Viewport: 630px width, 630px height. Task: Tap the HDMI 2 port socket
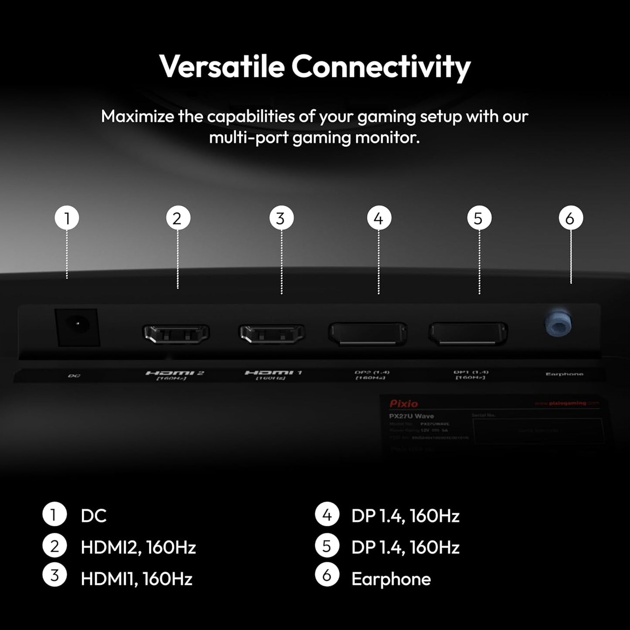pyautogui.click(x=176, y=334)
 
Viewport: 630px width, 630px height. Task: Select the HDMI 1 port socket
pyautogui.click(x=271, y=334)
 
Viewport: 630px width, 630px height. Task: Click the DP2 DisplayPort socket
pyautogui.click(x=368, y=334)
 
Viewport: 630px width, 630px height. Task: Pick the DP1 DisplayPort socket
pyautogui.click(x=468, y=334)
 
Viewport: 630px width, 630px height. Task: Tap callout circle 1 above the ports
pyautogui.click(x=67, y=218)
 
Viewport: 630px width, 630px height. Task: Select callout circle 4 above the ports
pyautogui.click(x=378, y=218)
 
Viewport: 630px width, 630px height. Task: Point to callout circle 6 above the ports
pyautogui.click(x=570, y=218)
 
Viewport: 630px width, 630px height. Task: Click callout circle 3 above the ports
pyautogui.click(x=281, y=218)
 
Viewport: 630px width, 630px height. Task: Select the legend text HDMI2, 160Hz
pyautogui.click(x=138, y=547)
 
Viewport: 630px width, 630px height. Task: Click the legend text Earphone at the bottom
pyautogui.click(x=391, y=579)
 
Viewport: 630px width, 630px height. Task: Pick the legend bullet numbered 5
pyautogui.click(x=327, y=546)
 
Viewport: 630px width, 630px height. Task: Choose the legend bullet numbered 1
pyautogui.click(x=54, y=515)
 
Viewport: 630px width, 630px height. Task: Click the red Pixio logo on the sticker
pyautogui.click(x=403, y=404)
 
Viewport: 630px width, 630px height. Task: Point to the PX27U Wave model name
pyautogui.click(x=411, y=416)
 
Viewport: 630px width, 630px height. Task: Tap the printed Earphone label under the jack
pyautogui.click(x=564, y=374)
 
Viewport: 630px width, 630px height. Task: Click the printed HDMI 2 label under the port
pyautogui.click(x=174, y=373)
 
